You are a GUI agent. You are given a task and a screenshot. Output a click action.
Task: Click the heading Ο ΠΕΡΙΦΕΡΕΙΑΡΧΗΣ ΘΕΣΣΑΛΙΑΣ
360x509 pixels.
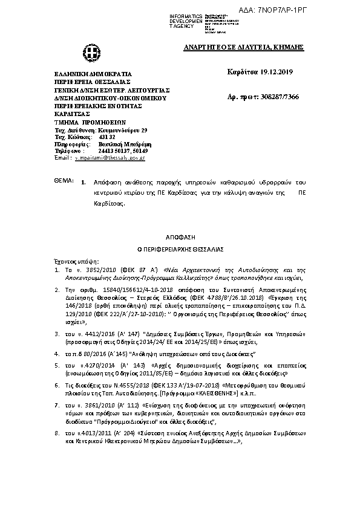click(x=180, y=248)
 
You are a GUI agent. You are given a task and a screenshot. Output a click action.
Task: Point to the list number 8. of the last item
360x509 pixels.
click(x=56, y=433)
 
